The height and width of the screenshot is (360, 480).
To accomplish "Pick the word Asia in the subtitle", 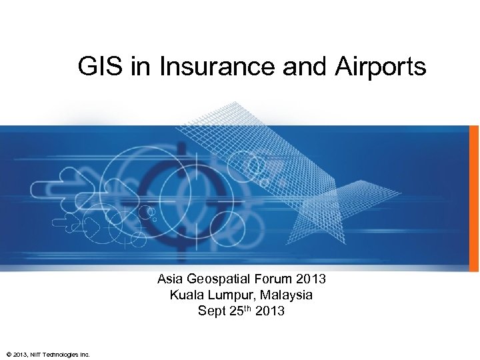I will coord(170,279).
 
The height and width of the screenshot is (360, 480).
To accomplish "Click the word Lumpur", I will coord(223,295).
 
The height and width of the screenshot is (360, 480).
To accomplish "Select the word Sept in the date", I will coord(211,311).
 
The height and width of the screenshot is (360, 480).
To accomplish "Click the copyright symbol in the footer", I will coord(7,353).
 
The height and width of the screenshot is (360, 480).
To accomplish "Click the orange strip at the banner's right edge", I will coord(477,197).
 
